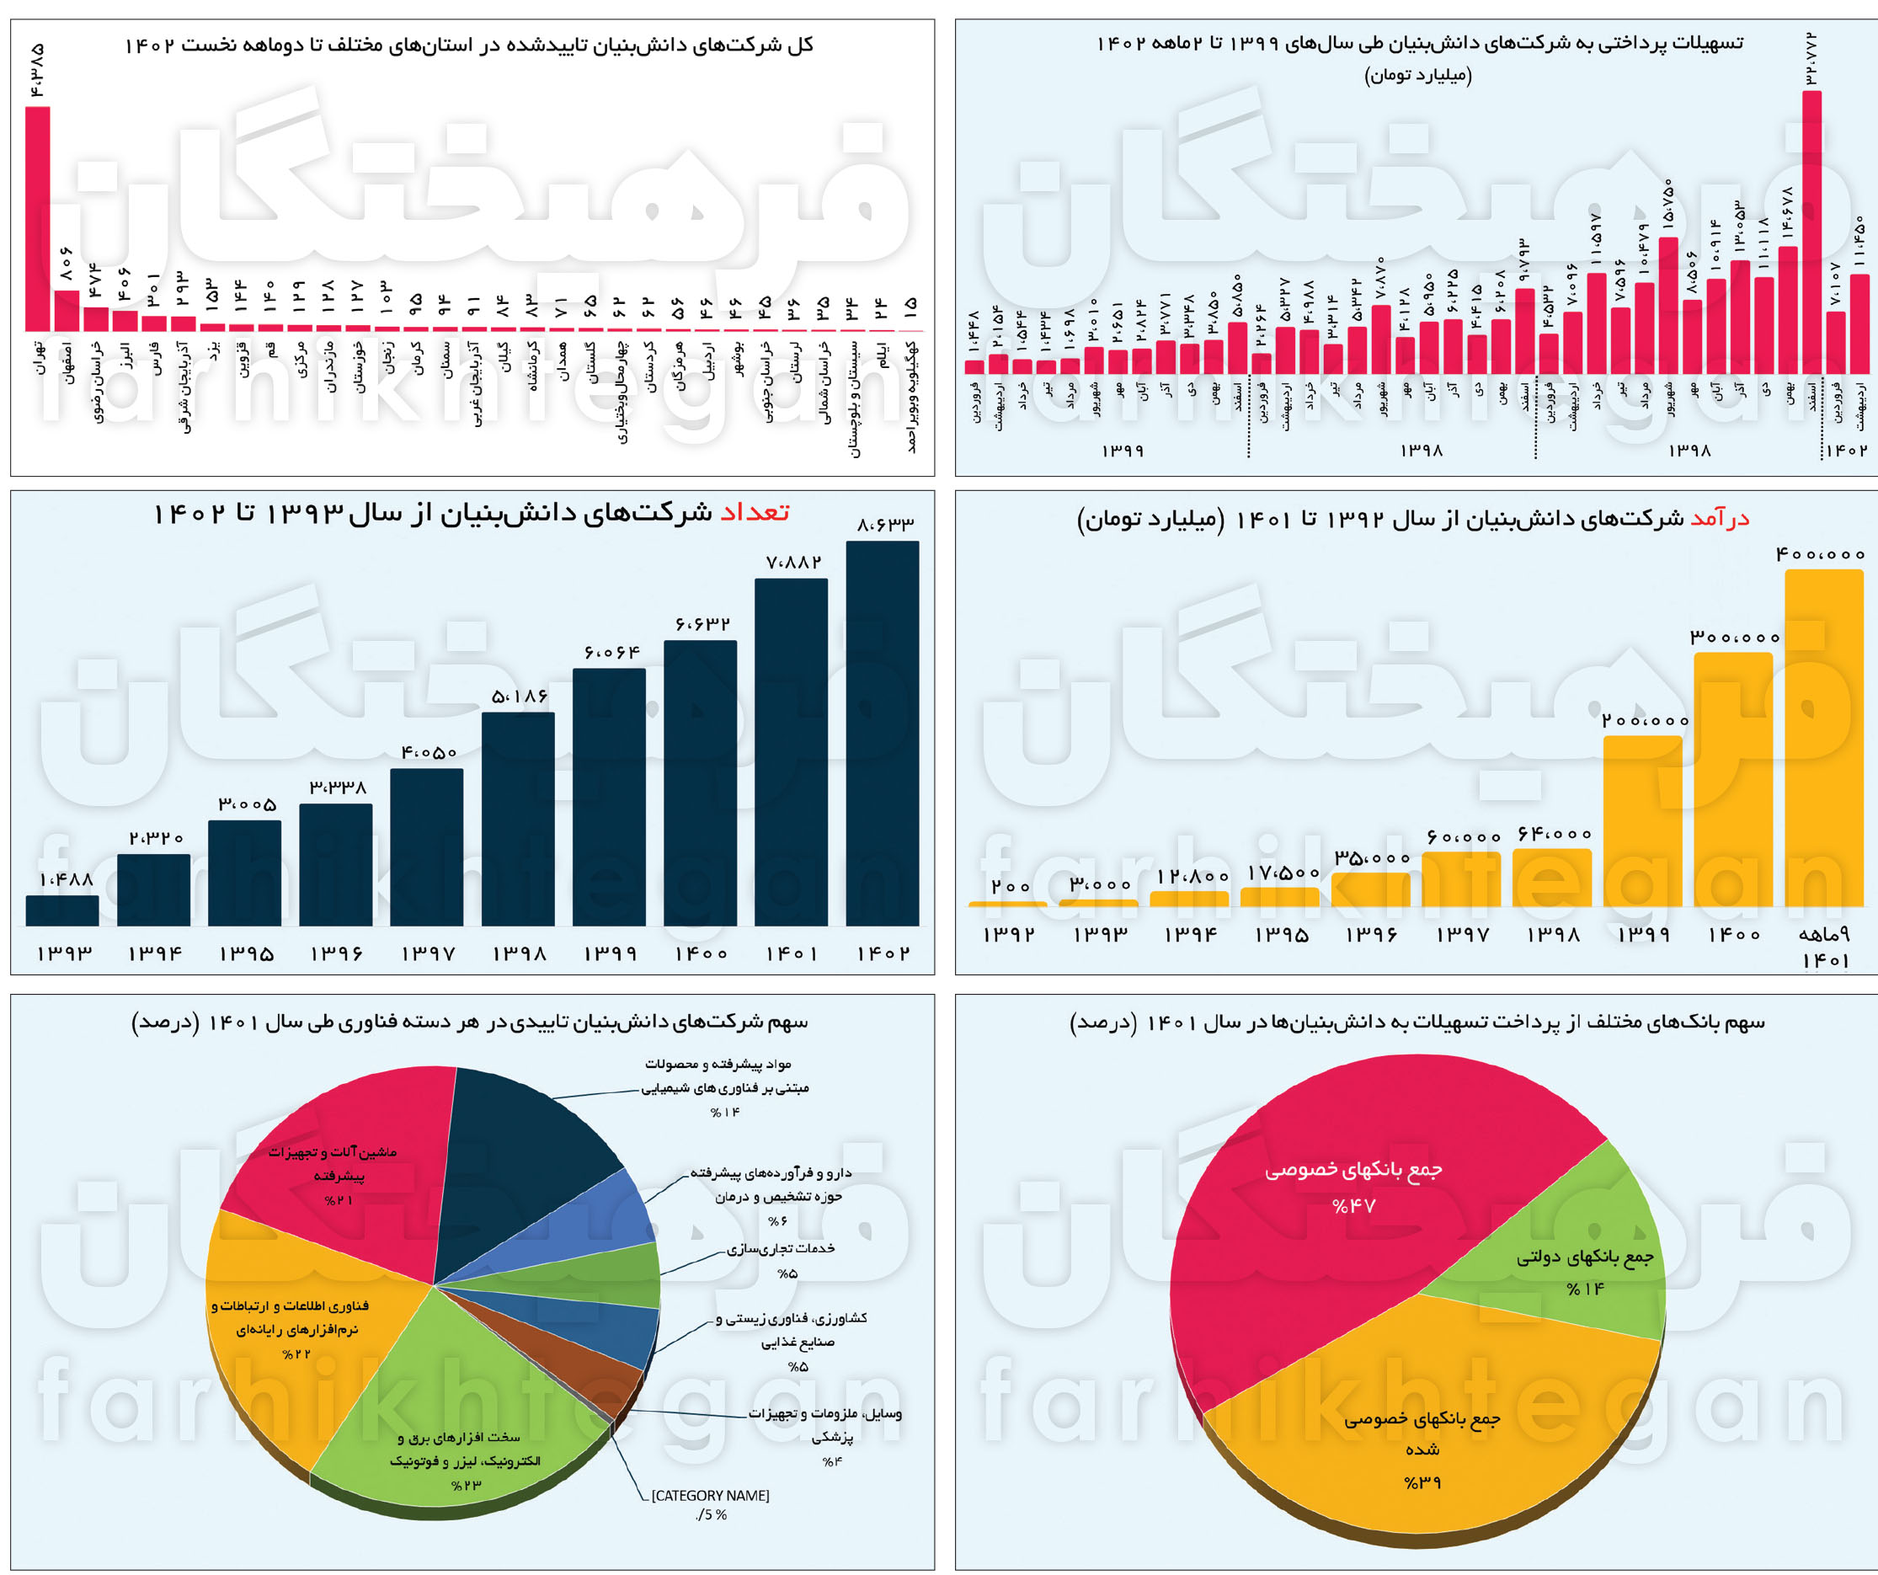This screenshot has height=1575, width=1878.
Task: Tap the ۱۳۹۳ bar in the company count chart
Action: coord(61,910)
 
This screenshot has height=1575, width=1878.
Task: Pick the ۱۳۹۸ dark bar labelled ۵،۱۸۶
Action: coord(518,819)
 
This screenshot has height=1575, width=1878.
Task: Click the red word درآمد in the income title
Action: coord(1719,519)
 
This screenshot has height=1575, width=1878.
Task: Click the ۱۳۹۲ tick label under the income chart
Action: coord(1009,935)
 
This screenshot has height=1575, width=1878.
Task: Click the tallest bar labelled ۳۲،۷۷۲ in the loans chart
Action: coord(1811,232)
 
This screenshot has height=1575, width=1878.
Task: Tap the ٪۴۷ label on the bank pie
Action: coord(1353,1206)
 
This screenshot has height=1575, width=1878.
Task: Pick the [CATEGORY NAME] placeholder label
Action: coord(710,1495)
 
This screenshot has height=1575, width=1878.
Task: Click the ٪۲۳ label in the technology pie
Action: coord(466,1486)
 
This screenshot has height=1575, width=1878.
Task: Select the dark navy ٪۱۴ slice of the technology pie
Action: coord(519,1154)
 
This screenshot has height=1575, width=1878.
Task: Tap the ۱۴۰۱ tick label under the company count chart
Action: coord(792,953)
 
